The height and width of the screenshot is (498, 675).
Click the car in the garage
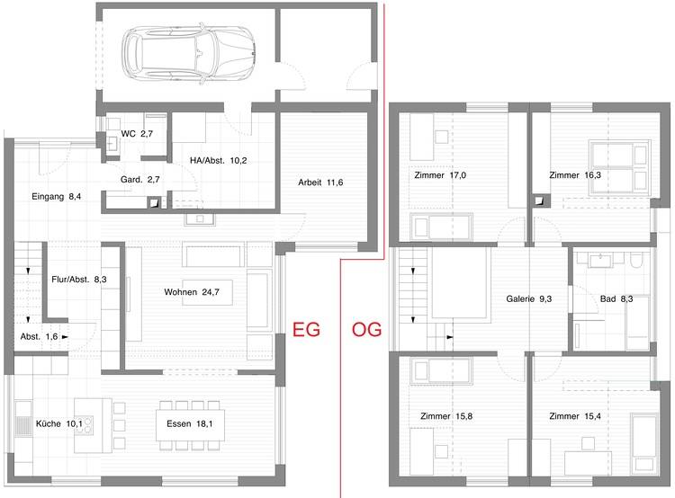pos(188,54)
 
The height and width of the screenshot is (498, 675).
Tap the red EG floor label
pos(306,329)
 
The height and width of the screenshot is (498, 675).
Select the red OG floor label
pos(367,329)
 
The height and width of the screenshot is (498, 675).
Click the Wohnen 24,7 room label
pos(192,292)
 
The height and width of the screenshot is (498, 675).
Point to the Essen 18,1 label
pos(189,424)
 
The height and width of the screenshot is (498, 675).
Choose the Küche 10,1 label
pos(59,424)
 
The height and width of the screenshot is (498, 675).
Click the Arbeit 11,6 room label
pos(320,182)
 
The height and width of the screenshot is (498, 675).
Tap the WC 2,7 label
pos(137,134)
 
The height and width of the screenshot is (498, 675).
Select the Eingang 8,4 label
pos(57,197)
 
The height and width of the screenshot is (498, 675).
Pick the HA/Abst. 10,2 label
pos(219,161)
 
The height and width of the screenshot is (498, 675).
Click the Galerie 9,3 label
pos(529,298)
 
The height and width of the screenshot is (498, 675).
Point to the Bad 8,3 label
pos(616,298)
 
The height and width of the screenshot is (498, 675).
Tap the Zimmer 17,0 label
pos(440,175)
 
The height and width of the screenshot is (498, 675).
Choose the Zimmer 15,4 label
pos(575,416)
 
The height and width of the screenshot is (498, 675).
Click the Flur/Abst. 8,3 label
pos(79,280)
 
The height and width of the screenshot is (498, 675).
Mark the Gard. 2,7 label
pos(139,180)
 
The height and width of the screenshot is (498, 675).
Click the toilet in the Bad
pos(636,260)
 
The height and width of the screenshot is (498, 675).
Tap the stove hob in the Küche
pos(85,424)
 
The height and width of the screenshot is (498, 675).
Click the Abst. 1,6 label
pos(39,337)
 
